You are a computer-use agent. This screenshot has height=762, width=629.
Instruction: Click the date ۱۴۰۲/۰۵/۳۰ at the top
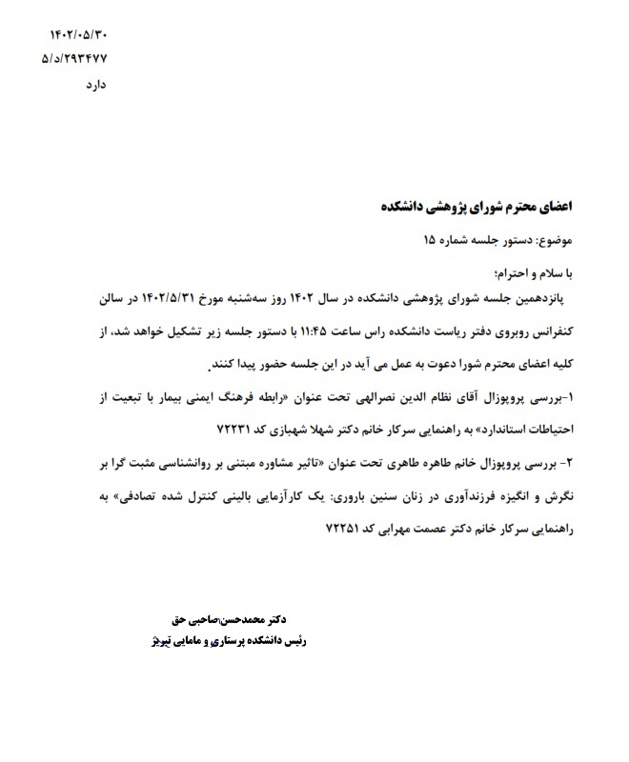tap(78, 35)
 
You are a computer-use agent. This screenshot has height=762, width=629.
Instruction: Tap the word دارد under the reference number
tap(93, 85)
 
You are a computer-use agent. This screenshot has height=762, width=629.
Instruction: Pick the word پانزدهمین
tap(536, 298)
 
